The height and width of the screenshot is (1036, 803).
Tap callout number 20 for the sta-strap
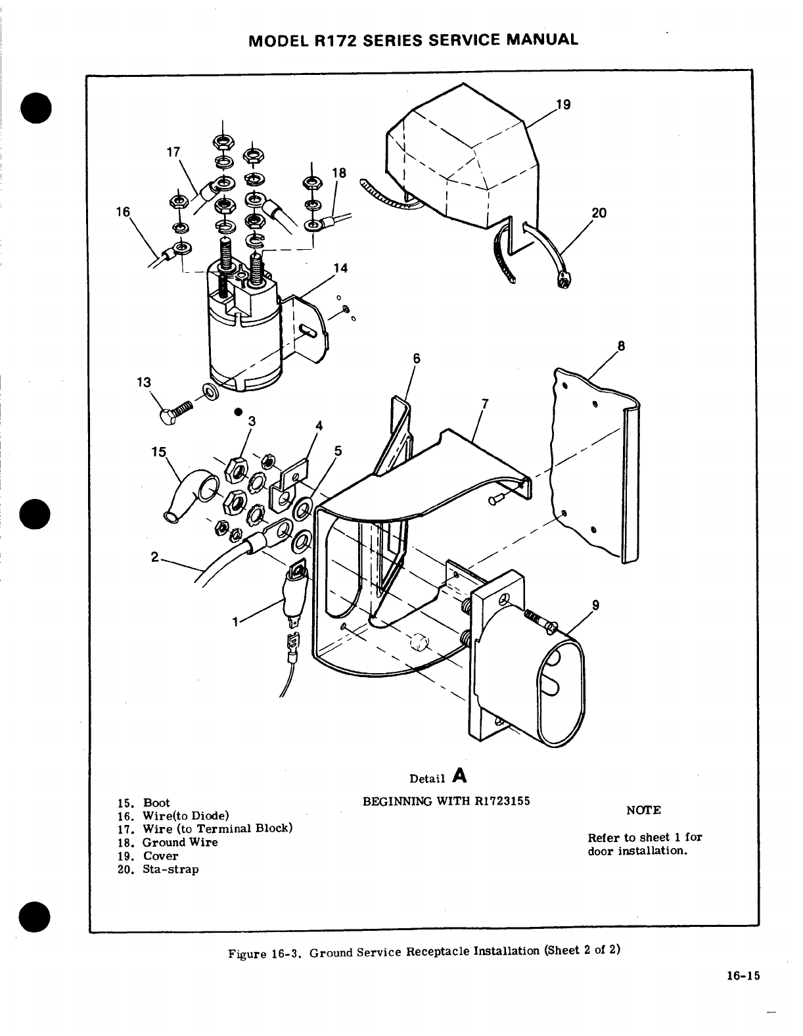599,212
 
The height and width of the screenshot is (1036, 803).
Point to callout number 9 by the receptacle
595,605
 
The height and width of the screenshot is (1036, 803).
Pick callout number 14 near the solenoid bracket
340,268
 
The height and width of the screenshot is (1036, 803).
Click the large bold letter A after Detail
460,776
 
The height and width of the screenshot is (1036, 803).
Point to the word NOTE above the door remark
643,811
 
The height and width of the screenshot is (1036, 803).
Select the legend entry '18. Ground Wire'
168,842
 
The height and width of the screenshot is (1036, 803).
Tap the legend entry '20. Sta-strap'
158,869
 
